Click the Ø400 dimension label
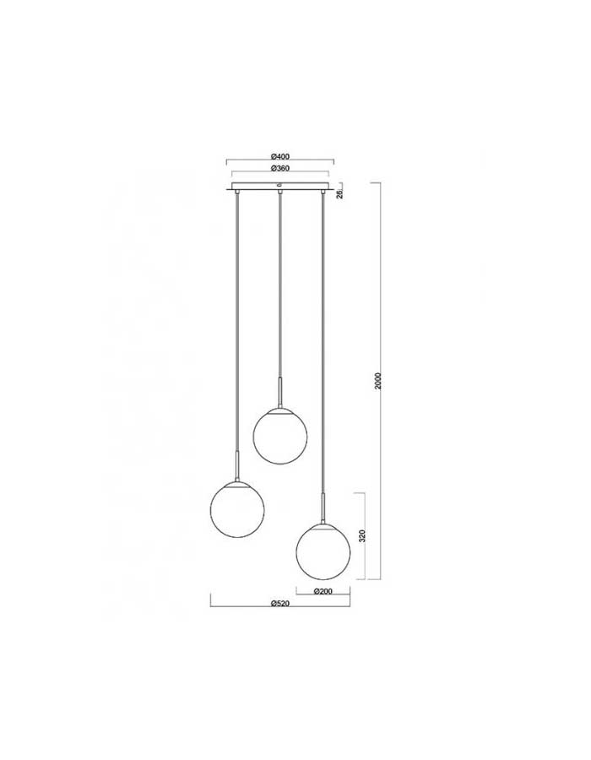280,156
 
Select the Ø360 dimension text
280,169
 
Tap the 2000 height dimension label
379,381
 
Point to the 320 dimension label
363,535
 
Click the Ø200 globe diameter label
323,591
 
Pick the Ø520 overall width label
280,604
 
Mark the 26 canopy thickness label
339,194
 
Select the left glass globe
237,509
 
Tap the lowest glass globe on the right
323,551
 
